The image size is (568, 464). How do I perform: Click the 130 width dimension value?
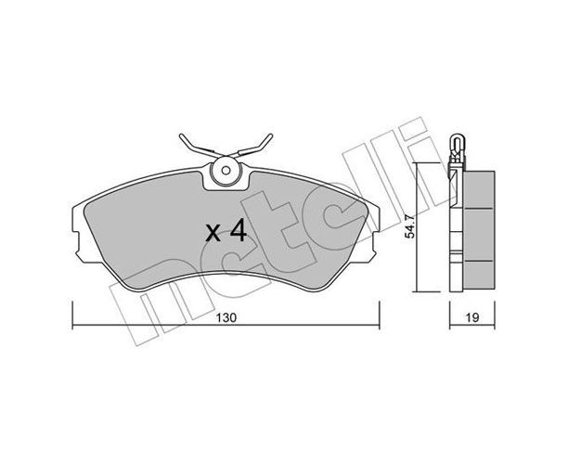point(226,317)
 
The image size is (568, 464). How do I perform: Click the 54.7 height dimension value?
point(409,226)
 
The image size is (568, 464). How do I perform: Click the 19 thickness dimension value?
point(472,317)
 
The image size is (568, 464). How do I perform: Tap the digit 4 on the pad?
point(239,231)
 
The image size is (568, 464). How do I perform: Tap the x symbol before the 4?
point(213,234)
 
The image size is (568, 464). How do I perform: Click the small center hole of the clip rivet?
point(226,170)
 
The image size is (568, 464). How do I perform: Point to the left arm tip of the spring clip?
point(181,136)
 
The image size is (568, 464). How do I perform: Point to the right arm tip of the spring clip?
point(270,135)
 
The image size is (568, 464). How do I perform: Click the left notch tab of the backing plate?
point(76,243)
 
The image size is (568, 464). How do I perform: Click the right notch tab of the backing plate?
point(376,243)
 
